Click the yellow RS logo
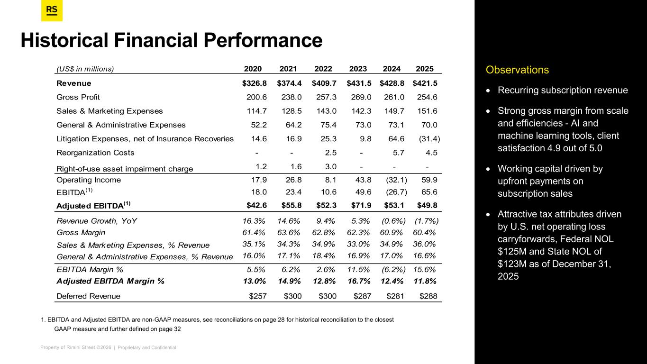(52, 11)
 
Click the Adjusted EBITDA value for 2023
(359, 205)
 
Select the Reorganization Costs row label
(95, 153)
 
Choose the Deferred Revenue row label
(88, 296)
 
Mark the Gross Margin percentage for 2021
(289, 233)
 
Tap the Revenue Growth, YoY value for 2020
(254, 220)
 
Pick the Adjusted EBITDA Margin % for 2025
(425, 281)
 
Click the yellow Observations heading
(517, 70)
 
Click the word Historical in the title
(59, 40)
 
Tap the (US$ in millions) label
(85, 69)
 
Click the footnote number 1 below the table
(43, 320)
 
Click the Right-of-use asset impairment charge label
(125, 168)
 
